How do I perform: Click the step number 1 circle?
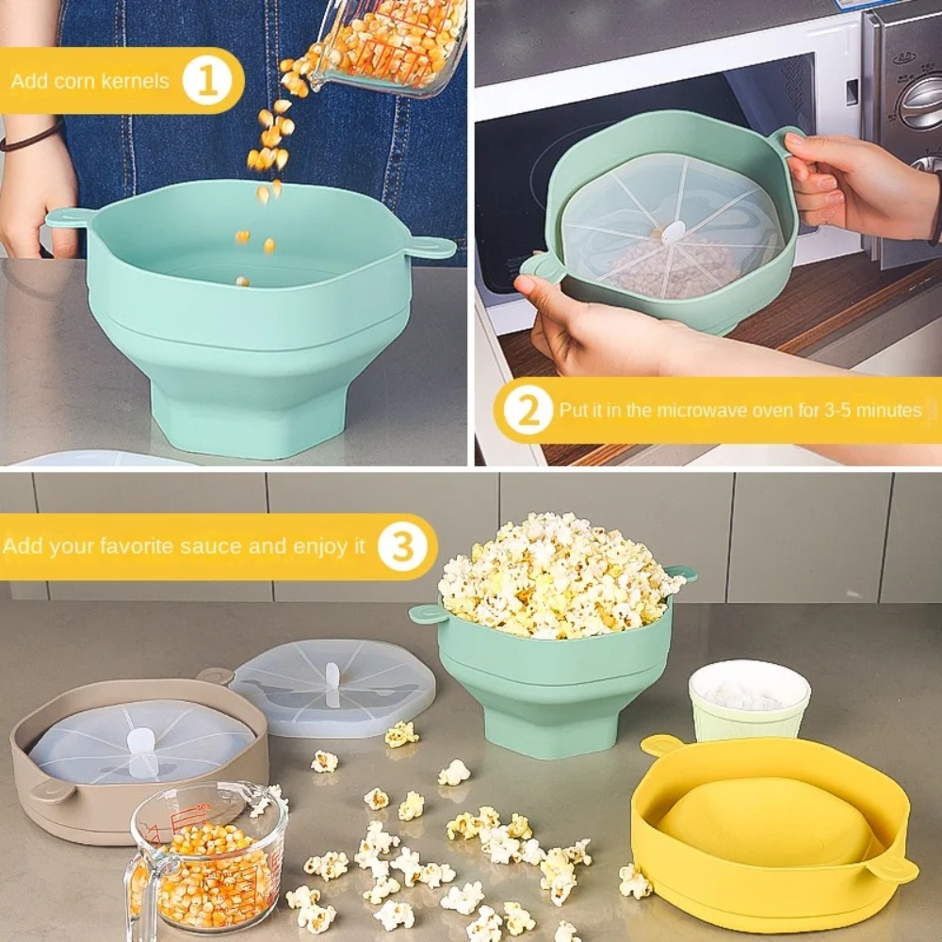click(207, 81)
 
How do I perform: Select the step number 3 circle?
click(402, 546)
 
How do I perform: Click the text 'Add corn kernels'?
click(90, 81)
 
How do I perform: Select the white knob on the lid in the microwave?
click(672, 232)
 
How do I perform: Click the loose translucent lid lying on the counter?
click(333, 688)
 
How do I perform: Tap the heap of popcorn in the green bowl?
click(556, 575)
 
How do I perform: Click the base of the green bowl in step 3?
click(556, 730)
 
